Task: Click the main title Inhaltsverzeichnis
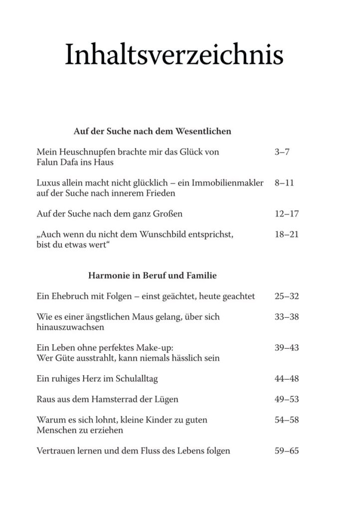[x=174, y=55]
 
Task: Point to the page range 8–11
[x=284, y=183]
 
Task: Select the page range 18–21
[x=286, y=234]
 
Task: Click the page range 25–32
[x=286, y=296]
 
